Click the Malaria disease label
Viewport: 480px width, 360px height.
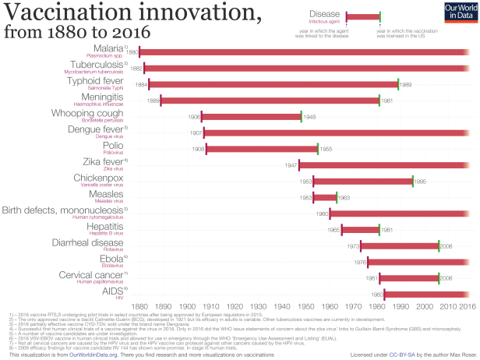coord(114,48)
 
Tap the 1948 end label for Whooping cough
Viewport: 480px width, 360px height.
coord(309,116)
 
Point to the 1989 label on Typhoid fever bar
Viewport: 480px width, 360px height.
coord(406,84)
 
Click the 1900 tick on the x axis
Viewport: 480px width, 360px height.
coord(163,307)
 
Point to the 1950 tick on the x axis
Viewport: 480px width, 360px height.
coord(282,307)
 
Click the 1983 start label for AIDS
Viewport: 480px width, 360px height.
coord(376,295)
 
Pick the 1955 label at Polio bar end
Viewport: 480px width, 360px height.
coord(326,148)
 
